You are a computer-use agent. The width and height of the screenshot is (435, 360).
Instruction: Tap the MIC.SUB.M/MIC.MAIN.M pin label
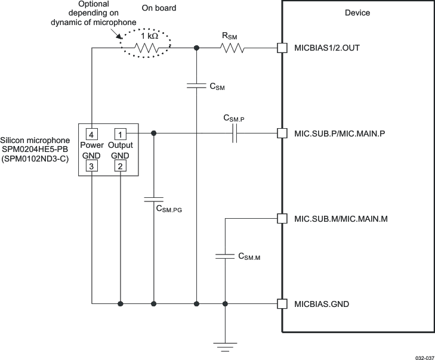341,219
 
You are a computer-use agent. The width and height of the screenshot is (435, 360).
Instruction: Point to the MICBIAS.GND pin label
322,304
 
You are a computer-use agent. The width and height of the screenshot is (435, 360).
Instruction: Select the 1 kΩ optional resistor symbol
146,48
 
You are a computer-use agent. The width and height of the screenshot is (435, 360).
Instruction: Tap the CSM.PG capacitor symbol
154,200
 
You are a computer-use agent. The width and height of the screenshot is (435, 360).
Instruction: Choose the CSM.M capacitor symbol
225,256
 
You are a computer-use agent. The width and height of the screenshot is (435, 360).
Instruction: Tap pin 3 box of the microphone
91,167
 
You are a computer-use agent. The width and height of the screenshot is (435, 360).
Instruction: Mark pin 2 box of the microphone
121,167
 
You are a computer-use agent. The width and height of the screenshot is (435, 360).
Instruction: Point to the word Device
357,13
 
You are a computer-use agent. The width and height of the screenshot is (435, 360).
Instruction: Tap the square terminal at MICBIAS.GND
282,304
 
